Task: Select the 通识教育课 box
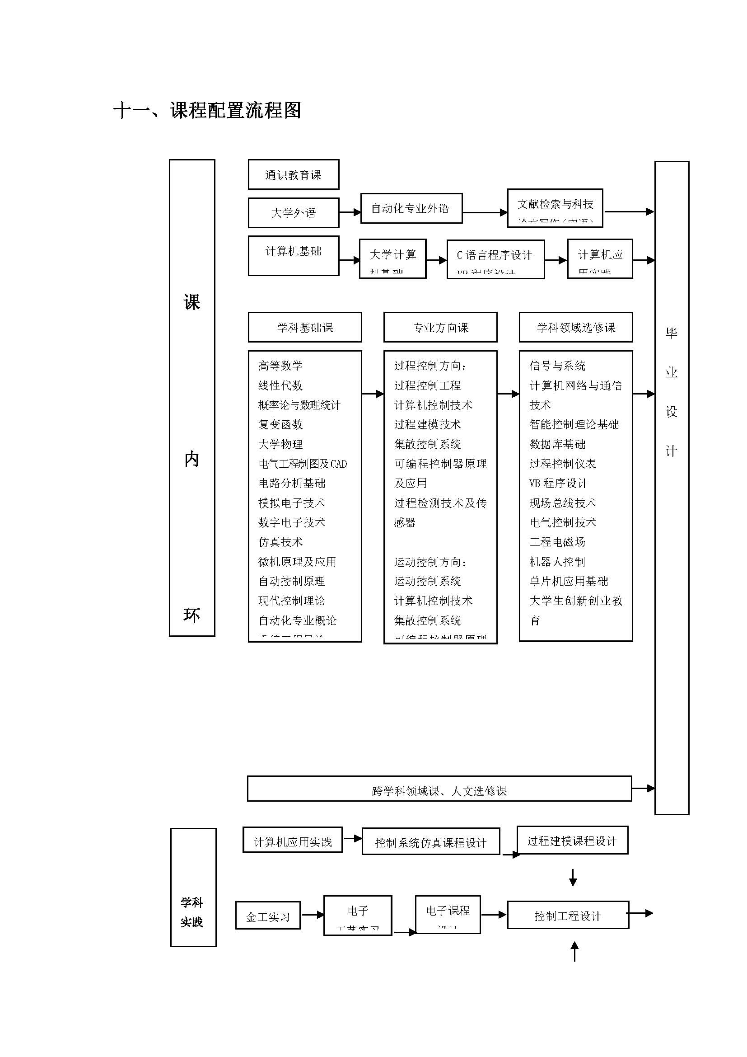(294, 174)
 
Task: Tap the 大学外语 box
(294, 213)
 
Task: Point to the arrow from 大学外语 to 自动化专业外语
(350, 212)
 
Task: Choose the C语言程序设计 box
(495, 259)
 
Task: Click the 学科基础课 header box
(304, 327)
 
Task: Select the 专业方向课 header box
(440, 327)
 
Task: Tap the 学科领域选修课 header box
(575, 327)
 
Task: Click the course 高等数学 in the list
(280, 366)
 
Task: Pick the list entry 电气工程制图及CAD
(302, 464)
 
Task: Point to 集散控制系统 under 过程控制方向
(427, 444)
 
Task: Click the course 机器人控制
(557, 562)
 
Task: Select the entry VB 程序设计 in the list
(558, 484)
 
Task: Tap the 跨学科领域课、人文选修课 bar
(439, 791)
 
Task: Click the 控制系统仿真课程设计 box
(430, 842)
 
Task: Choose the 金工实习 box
(268, 916)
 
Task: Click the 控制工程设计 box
(568, 916)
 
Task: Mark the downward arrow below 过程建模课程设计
(573, 877)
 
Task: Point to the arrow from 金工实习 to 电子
(313, 915)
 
